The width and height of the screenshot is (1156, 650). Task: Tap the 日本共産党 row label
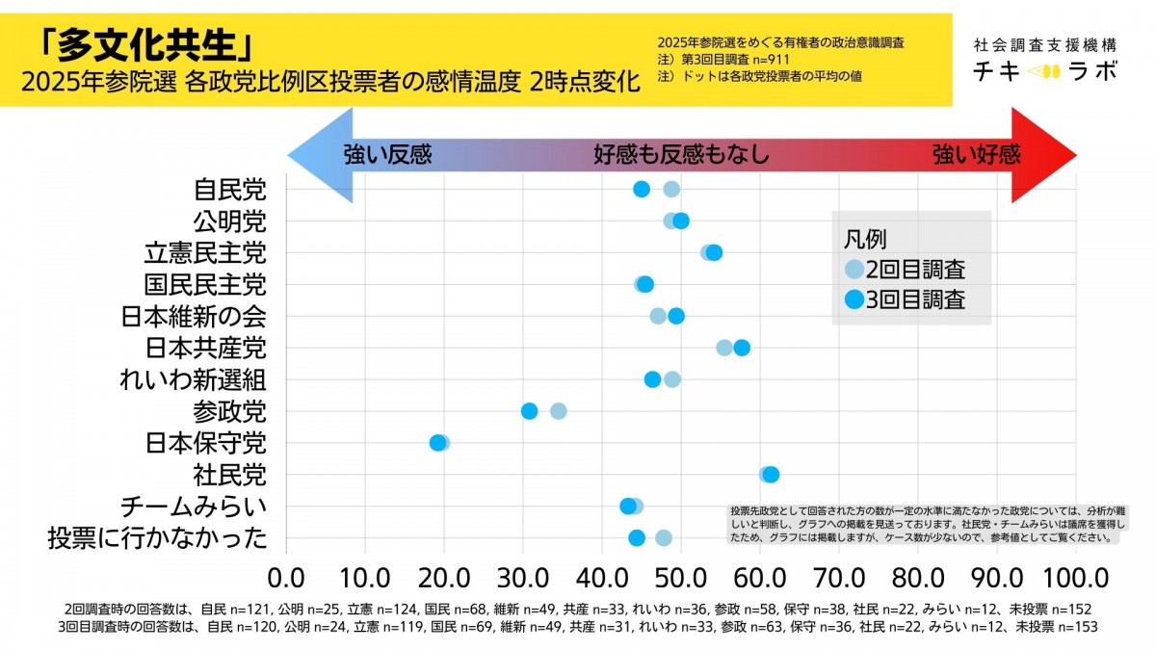click(205, 348)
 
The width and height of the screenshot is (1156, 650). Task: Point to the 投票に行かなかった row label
click(157, 538)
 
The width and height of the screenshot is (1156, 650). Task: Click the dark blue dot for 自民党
click(642, 189)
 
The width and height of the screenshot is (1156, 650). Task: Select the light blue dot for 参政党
click(559, 411)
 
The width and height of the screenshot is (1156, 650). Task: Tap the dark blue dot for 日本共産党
click(742, 348)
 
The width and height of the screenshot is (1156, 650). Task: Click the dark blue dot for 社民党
click(771, 474)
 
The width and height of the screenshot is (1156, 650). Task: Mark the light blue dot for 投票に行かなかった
click(664, 538)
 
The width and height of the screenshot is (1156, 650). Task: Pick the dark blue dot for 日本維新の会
click(676, 316)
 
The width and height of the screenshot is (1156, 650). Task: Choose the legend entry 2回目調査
click(913, 270)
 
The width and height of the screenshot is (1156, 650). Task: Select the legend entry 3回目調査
click(913, 299)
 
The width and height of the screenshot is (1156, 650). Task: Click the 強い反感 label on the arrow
click(388, 155)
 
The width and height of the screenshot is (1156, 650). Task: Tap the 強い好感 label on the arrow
click(976, 155)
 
